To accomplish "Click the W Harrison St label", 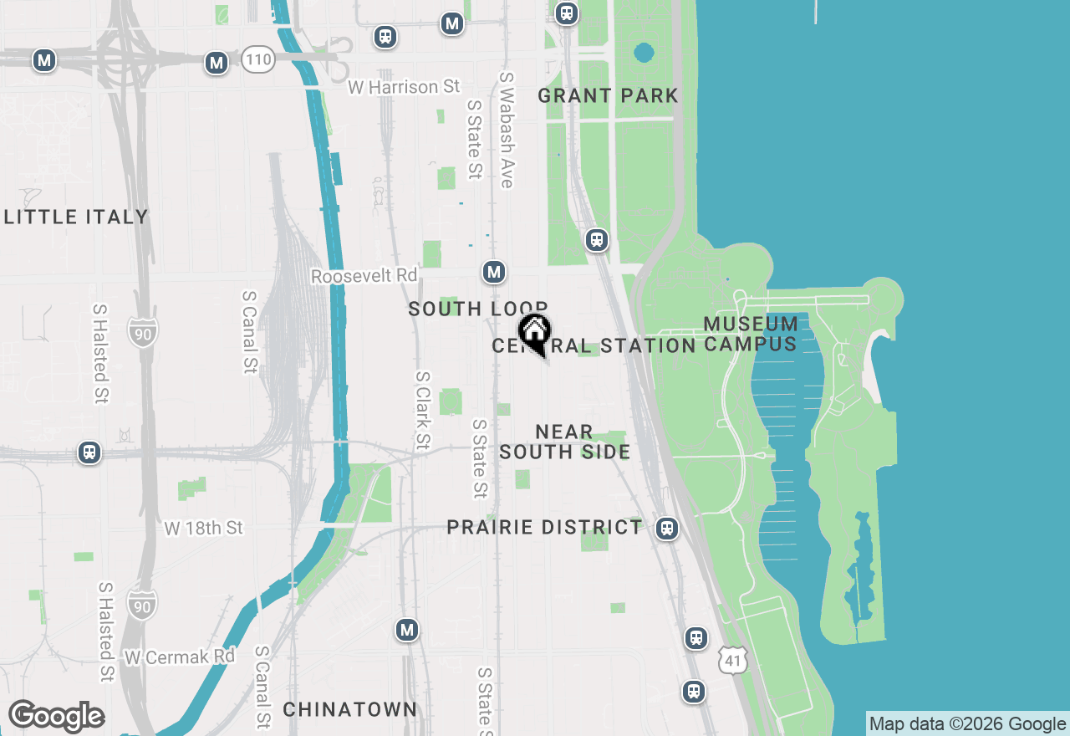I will tap(405, 87).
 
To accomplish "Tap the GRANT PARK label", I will tap(608, 95).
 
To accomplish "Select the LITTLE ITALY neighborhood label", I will tap(76, 217).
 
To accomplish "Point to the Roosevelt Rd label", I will tap(364, 276).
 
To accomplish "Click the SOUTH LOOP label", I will tap(477, 309).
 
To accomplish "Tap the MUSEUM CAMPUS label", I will tap(751, 334).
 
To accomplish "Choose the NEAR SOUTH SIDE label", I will tap(564, 442).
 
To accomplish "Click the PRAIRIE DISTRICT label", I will tap(544, 528).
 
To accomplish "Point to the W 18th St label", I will tap(203, 528).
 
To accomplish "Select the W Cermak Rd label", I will tap(180, 657).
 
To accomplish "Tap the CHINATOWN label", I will tap(349, 709).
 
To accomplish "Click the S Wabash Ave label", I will tap(506, 130).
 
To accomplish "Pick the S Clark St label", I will tap(423, 410).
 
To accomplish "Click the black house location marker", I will tap(534, 333).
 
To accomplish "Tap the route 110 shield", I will tap(258, 59).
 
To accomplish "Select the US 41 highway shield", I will tap(732, 661).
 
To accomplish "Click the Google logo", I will tap(56, 716).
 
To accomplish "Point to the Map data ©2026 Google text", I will tap(967, 724).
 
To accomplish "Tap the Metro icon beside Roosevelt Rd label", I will tap(494, 272).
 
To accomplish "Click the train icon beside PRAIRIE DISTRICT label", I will tap(666, 529).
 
